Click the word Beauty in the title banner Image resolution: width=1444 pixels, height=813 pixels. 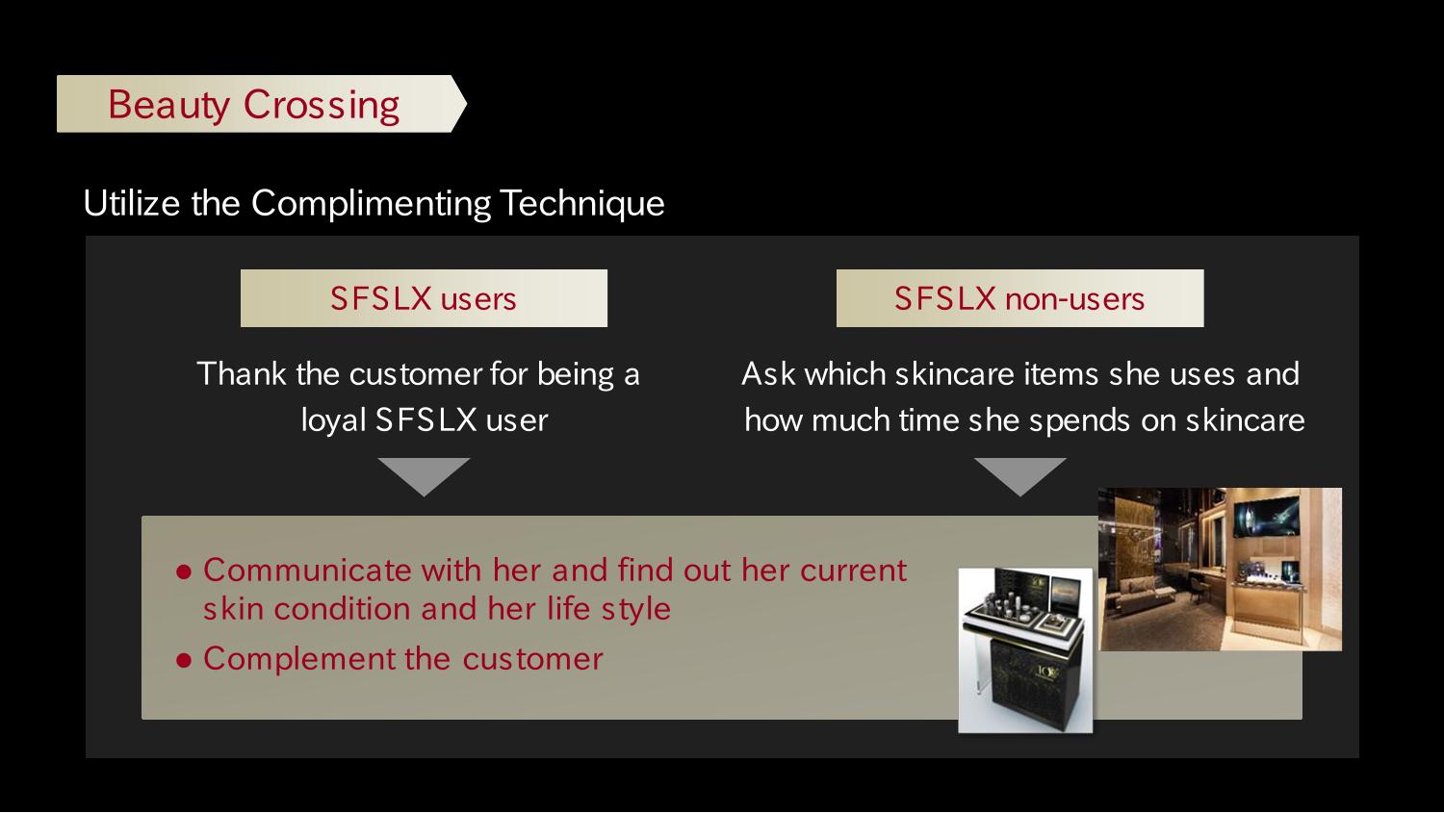click(168, 105)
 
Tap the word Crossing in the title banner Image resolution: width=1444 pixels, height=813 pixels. click(321, 105)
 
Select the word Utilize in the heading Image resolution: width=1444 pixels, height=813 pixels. click(132, 204)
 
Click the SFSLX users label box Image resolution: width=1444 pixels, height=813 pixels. click(424, 298)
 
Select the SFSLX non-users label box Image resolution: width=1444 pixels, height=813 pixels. click(1019, 298)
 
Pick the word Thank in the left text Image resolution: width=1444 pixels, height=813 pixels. click(242, 373)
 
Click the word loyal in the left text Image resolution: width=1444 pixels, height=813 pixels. click(333, 420)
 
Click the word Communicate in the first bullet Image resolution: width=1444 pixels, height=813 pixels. click(307, 571)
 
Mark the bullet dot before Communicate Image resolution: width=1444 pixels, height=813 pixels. click(184, 572)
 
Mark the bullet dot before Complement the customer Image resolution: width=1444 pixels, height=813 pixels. click(184, 660)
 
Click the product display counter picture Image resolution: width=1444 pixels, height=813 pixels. click(1025, 650)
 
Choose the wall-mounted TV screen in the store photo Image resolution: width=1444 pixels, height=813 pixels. click(1267, 516)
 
